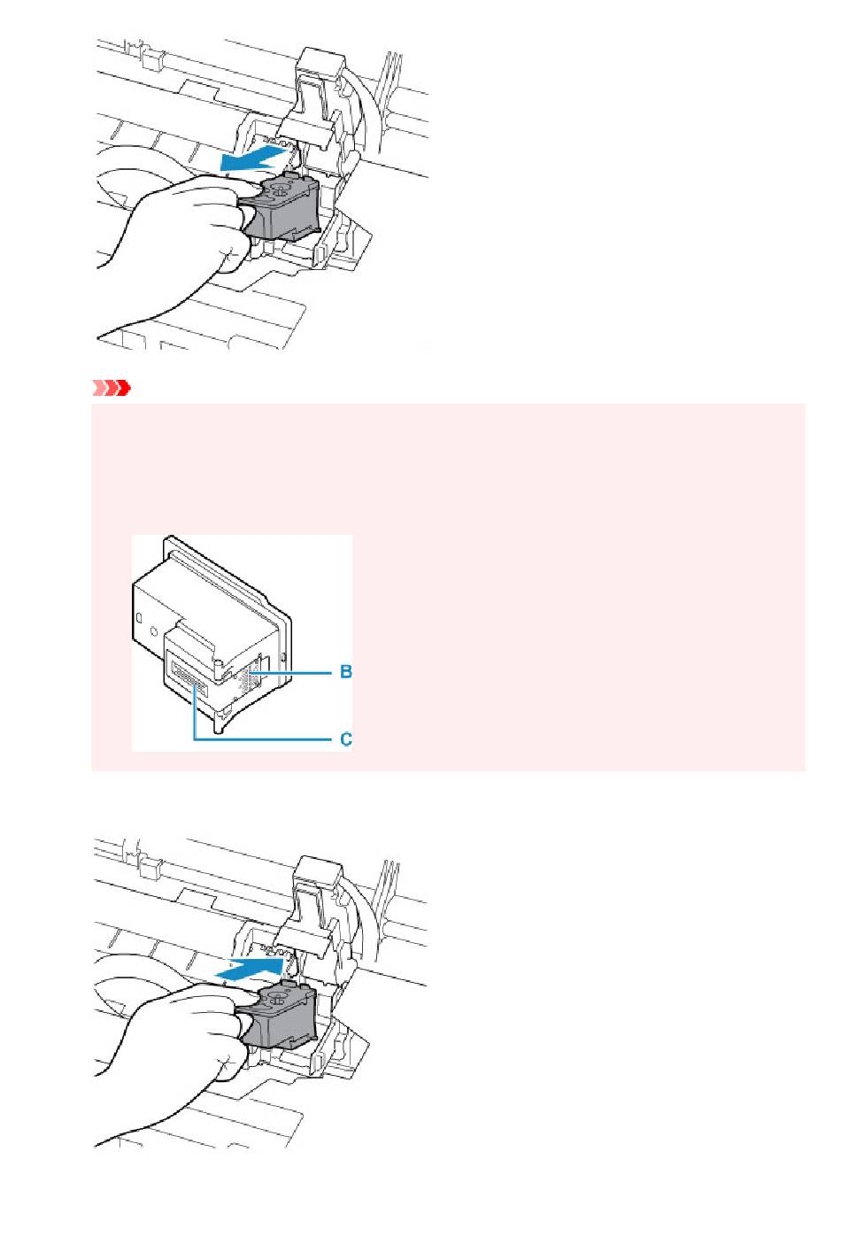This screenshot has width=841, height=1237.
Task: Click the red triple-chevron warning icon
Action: pos(111,388)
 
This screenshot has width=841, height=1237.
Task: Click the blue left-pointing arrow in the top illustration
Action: pos(255,158)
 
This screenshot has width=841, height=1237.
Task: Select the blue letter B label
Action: pos(345,672)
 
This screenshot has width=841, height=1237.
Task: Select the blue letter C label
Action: pos(345,738)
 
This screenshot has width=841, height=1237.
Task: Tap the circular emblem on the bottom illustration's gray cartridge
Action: pos(278,1000)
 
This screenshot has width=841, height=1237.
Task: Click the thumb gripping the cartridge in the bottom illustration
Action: pos(238,1001)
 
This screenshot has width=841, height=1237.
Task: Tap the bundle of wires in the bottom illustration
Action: pos(388,907)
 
